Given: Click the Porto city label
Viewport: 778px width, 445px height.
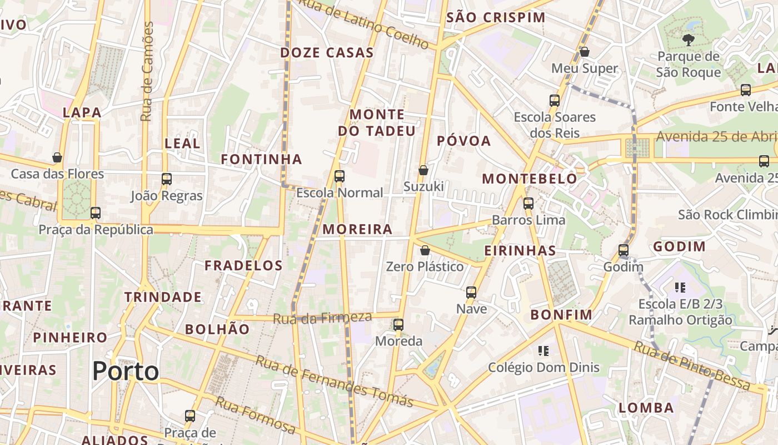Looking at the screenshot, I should (x=126, y=370).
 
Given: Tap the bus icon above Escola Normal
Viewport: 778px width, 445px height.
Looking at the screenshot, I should (x=339, y=176).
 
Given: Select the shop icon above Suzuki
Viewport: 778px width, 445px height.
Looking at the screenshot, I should (x=423, y=170).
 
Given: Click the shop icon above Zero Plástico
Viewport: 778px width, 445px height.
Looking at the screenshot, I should (x=425, y=250).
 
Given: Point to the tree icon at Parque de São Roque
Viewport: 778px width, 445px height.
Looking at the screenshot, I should (x=688, y=39).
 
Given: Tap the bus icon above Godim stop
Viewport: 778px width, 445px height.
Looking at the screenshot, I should (x=624, y=250).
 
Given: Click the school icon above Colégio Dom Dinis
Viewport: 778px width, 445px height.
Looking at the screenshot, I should (x=543, y=350).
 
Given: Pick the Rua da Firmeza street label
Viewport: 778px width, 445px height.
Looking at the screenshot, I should (x=322, y=318).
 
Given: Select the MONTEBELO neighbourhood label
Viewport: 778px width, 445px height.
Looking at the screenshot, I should (x=530, y=179).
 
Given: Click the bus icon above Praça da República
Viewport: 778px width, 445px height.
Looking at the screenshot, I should (x=96, y=212).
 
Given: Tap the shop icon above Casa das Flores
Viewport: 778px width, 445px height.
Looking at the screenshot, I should (x=57, y=157).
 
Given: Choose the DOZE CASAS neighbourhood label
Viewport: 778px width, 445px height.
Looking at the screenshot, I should (x=327, y=53).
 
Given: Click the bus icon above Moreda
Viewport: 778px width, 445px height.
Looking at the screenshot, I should (x=398, y=325).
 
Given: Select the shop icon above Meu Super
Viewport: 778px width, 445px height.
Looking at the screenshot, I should (x=584, y=52).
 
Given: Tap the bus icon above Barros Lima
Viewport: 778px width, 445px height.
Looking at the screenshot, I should (x=528, y=204).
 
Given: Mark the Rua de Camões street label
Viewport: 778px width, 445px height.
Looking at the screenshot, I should (x=147, y=71).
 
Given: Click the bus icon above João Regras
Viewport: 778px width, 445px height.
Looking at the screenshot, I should (x=167, y=179).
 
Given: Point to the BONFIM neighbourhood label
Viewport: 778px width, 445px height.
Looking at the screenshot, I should (x=561, y=315).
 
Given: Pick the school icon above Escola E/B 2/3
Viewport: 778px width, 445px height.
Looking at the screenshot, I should (x=680, y=288).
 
